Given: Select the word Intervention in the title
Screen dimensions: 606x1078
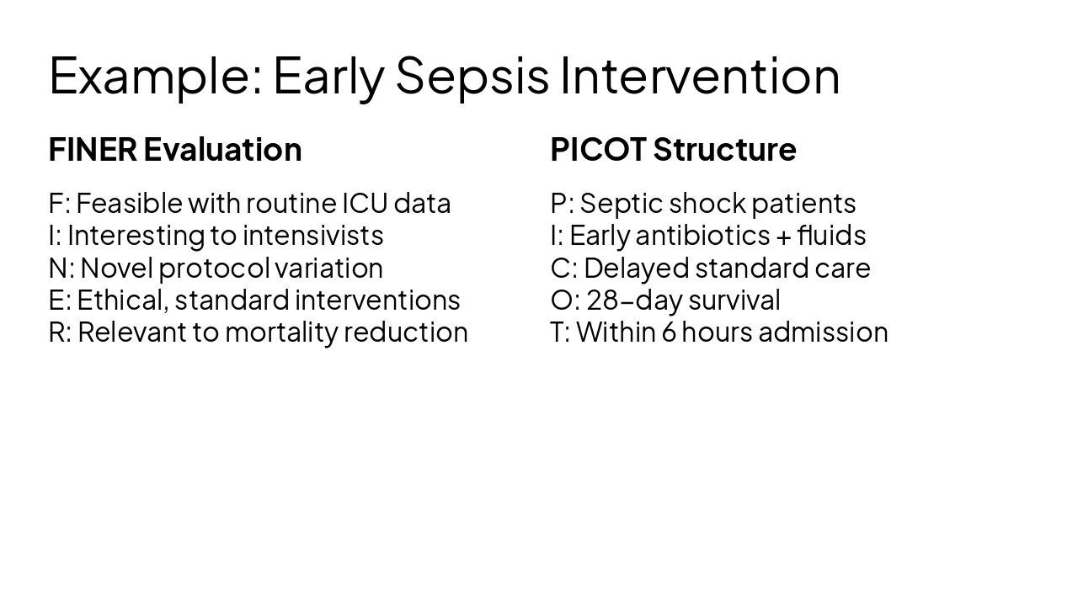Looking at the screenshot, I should [x=700, y=76].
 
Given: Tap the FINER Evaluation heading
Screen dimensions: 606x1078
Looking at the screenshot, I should [x=175, y=150].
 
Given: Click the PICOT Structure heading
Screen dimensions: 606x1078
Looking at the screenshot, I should [x=673, y=150].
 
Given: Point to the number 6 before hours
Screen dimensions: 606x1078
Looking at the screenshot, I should [x=668, y=332].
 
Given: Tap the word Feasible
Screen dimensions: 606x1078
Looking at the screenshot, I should [x=129, y=204].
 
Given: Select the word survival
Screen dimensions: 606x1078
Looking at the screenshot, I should [x=734, y=300].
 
